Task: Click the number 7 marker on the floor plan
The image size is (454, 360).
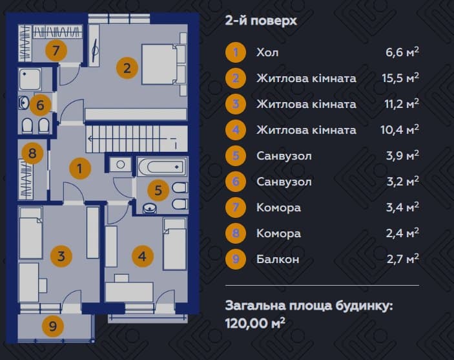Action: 56,50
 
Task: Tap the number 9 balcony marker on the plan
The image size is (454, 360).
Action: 53,326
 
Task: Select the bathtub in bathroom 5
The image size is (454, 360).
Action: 162,167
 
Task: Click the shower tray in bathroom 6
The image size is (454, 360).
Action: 30,79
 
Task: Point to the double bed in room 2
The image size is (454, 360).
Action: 159,65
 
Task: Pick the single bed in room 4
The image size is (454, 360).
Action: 174,244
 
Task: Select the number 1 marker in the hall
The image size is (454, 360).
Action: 80,169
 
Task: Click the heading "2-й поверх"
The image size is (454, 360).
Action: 261,21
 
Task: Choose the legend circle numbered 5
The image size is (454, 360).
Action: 236,156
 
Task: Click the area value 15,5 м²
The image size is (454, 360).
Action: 400,78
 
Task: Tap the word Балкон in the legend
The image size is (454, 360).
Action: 278,259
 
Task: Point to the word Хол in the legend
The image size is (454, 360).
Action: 267,52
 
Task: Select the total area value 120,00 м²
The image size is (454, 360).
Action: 255,323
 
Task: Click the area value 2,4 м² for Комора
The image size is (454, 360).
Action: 402,233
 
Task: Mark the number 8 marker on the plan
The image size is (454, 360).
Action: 32,153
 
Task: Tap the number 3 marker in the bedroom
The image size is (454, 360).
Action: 61,256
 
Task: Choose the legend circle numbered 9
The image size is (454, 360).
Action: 236,259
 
